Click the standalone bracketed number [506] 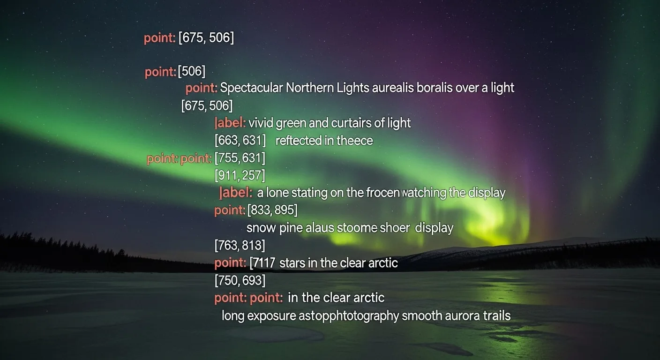tap(191, 72)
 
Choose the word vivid tap(261, 123)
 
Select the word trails tap(496, 315)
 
